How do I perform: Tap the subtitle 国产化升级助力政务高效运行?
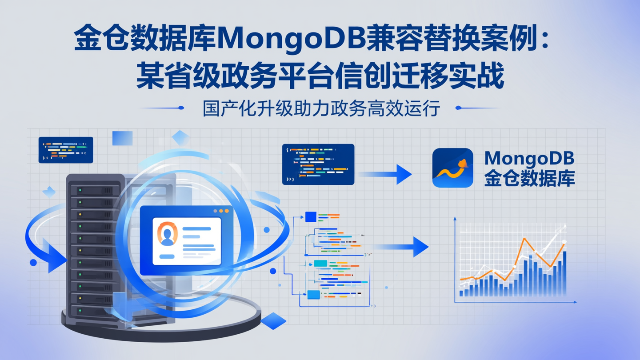(321, 108)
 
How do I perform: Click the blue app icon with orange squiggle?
(452, 168)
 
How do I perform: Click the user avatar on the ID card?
(167, 234)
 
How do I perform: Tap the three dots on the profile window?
(221, 211)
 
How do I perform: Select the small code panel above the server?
(66, 150)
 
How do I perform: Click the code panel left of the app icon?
(318, 164)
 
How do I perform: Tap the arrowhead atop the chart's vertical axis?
(455, 219)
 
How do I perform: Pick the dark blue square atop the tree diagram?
(311, 217)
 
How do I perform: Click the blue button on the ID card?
(167, 256)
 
